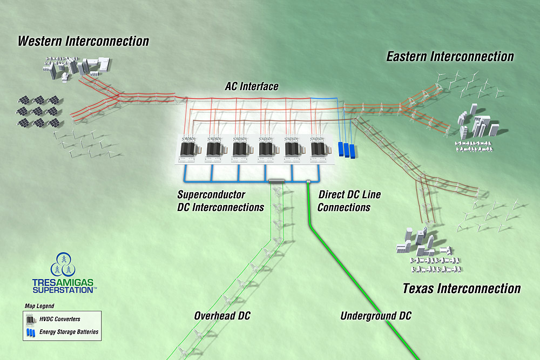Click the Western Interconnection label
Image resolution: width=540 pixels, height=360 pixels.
pyautogui.click(x=83, y=41)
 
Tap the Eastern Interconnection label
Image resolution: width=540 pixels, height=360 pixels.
pyautogui.click(x=450, y=56)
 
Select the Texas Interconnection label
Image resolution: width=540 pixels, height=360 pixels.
pyautogui.click(x=461, y=288)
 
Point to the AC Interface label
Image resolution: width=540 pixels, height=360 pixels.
pyautogui.click(x=252, y=86)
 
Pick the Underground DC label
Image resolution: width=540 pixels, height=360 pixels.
pyautogui.click(x=376, y=316)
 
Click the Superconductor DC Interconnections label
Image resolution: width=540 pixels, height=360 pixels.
pyautogui.click(x=220, y=201)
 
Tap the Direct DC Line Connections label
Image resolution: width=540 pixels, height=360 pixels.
pyautogui.click(x=345, y=200)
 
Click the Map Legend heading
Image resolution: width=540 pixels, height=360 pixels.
pyautogui.click(x=39, y=306)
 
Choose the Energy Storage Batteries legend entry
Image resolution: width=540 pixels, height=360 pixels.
pyautogui.click(x=69, y=332)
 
